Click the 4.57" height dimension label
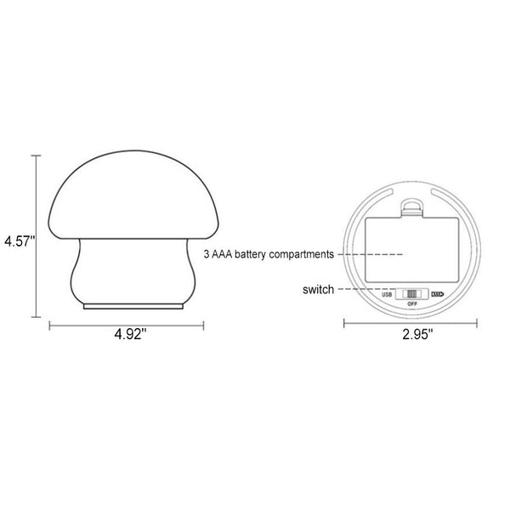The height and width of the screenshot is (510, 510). pyautogui.click(x=20, y=241)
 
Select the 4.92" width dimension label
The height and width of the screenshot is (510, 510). pyautogui.click(x=130, y=334)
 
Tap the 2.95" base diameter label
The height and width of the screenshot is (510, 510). pyautogui.click(x=417, y=334)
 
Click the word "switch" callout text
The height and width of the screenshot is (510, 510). pyautogui.click(x=318, y=290)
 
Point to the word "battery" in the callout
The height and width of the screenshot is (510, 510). pyautogui.click(x=250, y=254)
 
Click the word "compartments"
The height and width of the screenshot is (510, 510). pyautogui.click(x=301, y=254)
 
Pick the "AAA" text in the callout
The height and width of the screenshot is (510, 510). pyautogui.click(x=222, y=254)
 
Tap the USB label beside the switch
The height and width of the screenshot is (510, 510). pyautogui.click(x=387, y=295)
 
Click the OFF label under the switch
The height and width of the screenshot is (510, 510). pyautogui.click(x=412, y=303)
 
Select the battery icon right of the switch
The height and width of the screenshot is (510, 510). pyautogui.click(x=438, y=294)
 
